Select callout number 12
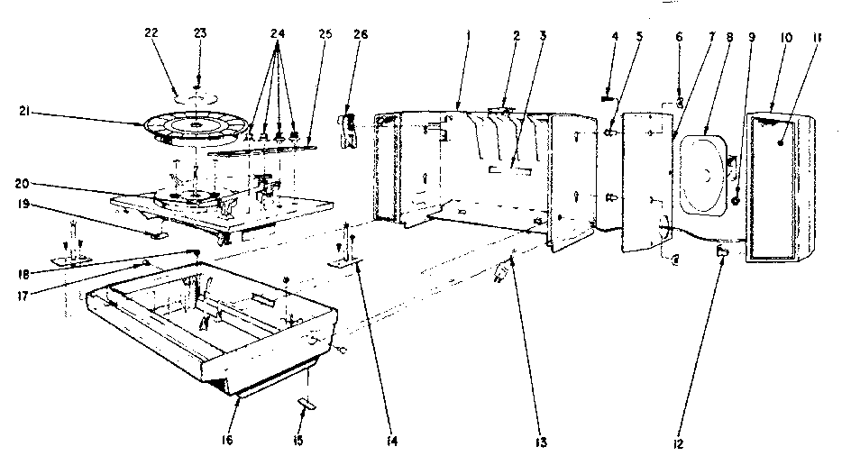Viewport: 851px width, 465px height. [677, 442]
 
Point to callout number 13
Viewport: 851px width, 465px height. [513, 442]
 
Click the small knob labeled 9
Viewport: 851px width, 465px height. [737, 201]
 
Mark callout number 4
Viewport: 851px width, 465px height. [615, 37]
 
